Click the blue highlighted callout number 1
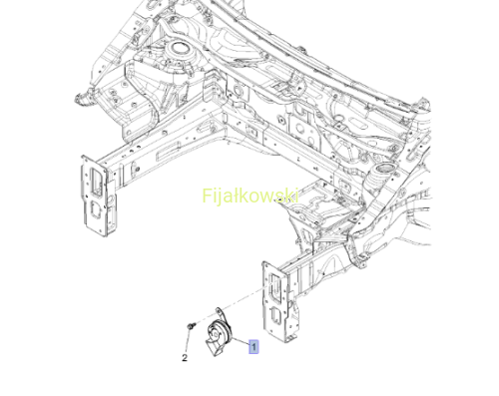[x=253, y=347]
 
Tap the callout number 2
[x=185, y=358]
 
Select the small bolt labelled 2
[x=191, y=325]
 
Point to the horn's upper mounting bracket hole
[x=219, y=310]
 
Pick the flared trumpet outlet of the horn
[x=213, y=347]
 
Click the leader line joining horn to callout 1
[x=240, y=341]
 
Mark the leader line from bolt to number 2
[x=189, y=341]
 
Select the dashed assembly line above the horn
[x=242, y=299]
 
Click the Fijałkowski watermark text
[x=250, y=196]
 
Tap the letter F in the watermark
[x=207, y=196]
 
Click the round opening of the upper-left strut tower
[x=177, y=49]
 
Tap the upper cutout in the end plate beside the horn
[x=275, y=284]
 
